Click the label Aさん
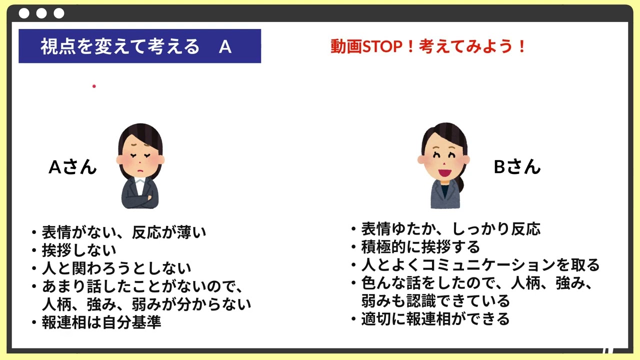pos(72,167)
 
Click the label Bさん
pos(517,167)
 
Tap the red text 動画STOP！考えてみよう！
pos(427,46)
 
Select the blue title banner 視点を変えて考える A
pos(139,46)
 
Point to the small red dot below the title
pos(94,86)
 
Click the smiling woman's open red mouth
pos(444,173)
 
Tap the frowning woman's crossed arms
pos(140,199)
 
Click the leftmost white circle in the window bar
pos(24,13)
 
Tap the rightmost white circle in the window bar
pos(59,13)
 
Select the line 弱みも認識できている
pos(435,301)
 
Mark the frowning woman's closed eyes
pos(140,155)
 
